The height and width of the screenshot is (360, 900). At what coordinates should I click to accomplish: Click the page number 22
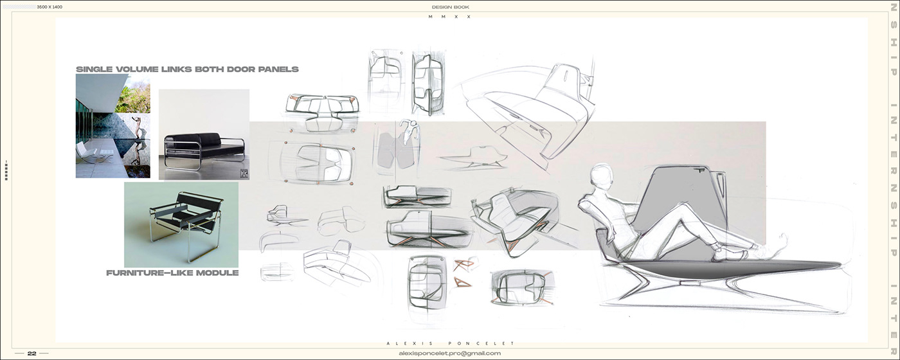[x=32, y=353]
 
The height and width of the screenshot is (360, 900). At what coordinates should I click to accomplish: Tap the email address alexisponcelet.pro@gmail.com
[x=449, y=353]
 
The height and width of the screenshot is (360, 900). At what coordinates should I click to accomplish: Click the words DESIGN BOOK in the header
[x=450, y=6]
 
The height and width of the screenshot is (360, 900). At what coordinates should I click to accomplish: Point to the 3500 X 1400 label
[x=50, y=6]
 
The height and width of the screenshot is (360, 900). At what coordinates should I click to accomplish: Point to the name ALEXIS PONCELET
[x=449, y=343]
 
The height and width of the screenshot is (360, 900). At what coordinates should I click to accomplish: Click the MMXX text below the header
[x=449, y=17]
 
